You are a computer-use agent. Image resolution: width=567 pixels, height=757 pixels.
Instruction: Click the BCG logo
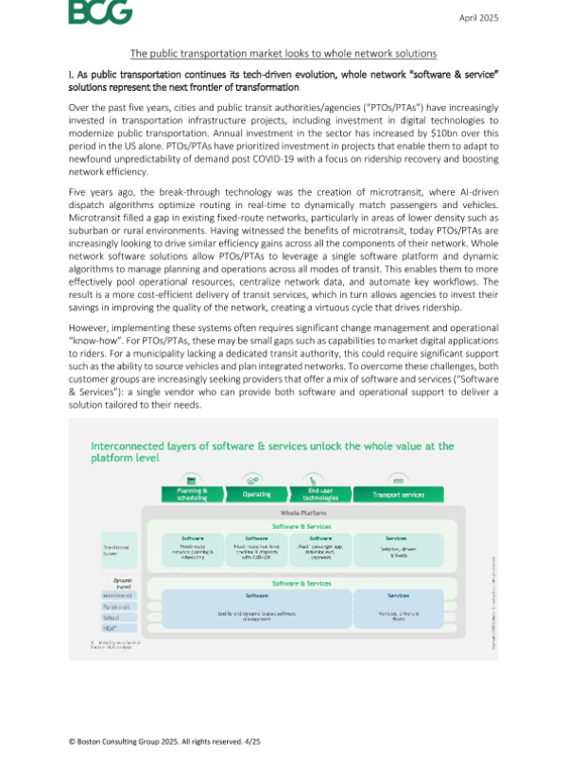tap(99, 13)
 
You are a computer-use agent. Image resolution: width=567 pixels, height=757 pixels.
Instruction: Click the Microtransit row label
tap(118, 596)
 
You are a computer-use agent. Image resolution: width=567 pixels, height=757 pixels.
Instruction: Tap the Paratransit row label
tap(118, 607)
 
